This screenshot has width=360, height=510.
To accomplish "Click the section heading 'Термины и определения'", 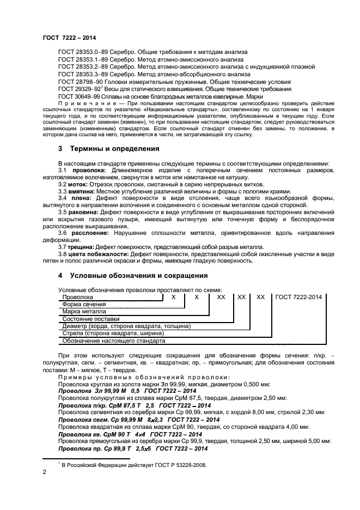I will (x=106, y=149).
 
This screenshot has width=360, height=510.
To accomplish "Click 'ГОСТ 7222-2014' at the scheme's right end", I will (x=299, y=297).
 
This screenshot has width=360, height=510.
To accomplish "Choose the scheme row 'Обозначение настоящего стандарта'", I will (x=113, y=341).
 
